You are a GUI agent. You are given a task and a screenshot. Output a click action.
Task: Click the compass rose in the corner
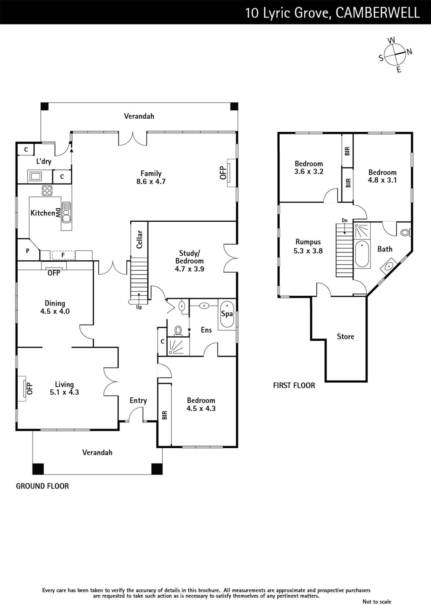pyautogui.click(x=395, y=54)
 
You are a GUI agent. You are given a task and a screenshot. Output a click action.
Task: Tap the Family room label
pyautogui.click(x=151, y=174)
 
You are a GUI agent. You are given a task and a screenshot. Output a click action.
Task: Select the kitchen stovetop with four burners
pyautogui.click(x=47, y=191)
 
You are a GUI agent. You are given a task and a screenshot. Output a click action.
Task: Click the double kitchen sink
pyautogui.click(x=66, y=212)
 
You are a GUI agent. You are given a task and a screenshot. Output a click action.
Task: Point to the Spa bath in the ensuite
pyautogui.click(x=227, y=314)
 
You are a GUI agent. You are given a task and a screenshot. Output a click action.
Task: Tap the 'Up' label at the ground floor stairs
pyautogui.click(x=139, y=307)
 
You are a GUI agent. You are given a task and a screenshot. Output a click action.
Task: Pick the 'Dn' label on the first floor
pyautogui.click(x=344, y=220)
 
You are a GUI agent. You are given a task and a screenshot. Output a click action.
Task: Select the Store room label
pyautogui.click(x=345, y=337)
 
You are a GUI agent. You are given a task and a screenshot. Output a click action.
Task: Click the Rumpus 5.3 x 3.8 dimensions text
pyautogui.click(x=308, y=251)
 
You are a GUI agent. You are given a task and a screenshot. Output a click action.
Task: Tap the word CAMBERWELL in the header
pyautogui.click(x=378, y=13)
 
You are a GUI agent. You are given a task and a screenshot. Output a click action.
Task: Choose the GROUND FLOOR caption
pyautogui.click(x=42, y=486)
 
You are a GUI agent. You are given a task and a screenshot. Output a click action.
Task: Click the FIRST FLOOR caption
pyautogui.click(x=294, y=385)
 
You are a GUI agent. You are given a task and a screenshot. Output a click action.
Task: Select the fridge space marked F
pyautogui.click(x=63, y=255)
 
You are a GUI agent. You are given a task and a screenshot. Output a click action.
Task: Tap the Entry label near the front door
pyautogui.click(x=138, y=400)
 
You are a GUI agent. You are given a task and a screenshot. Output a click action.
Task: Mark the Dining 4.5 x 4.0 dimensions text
pyautogui.click(x=55, y=312)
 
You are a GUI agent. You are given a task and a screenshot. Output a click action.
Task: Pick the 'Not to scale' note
pyautogui.click(x=377, y=602)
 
